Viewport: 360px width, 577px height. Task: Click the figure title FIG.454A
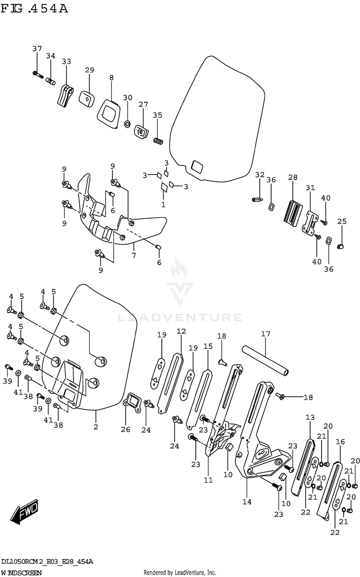click(35, 9)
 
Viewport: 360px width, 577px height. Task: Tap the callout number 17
click(265, 334)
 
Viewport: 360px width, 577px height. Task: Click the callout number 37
click(37, 49)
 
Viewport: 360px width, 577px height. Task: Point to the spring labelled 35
click(158, 141)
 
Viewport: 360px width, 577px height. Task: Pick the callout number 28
click(293, 178)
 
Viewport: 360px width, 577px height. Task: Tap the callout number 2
click(96, 427)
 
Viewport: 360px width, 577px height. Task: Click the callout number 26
click(125, 429)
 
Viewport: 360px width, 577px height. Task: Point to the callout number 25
click(341, 221)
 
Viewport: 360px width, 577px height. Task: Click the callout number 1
click(163, 204)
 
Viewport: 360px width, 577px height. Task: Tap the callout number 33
click(66, 61)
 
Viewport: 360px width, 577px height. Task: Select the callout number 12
click(181, 331)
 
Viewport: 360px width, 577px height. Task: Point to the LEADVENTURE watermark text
click(180, 317)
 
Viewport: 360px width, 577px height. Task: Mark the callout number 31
click(310, 188)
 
